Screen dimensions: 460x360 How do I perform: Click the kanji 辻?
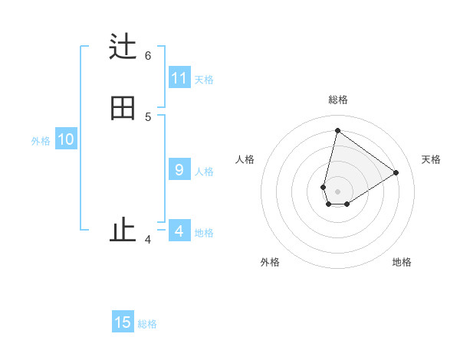(x=123, y=47)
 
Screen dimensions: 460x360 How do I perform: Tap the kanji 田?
(x=123, y=109)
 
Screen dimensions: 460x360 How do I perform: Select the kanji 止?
(x=123, y=230)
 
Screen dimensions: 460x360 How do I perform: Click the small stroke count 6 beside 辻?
(x=148, y=55)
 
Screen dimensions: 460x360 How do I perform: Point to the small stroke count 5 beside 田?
(x=148, y=116)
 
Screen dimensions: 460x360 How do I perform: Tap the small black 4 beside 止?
(x=148, y=240)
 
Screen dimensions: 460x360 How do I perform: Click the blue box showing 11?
(x=179, y=78)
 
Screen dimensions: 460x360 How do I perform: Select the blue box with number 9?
(x=179, y=170)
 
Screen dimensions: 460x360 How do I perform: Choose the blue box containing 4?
(x=179, y=231)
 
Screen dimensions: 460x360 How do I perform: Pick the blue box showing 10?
(x=66, y=139)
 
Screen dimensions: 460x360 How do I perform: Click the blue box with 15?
(x=123, y=322)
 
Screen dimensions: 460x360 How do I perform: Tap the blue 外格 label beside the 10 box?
(x=41, y=141)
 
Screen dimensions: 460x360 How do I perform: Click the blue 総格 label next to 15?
(x=147, y=324)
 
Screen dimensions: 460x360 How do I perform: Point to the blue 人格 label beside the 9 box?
(x=204, y=172)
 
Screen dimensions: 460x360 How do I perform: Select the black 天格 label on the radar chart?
(x=431, y=159)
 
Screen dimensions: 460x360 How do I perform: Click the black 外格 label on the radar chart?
(x=270, y=263)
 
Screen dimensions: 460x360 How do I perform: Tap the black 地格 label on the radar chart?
(x=402, y=263)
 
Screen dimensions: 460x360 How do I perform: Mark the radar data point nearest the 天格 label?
(x=396, y=173)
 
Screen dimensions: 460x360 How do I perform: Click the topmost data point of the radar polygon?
(x=337, y=130)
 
